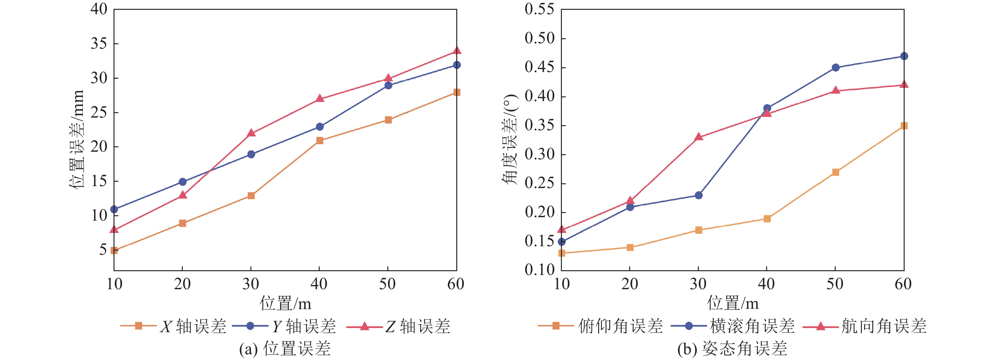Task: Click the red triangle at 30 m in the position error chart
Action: click(x=251, y=133)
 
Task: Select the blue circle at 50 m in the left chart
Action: click(x=388, y=85)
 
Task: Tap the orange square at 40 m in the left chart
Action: click(x=319, y=140)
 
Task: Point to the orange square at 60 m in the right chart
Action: click(x=904, y=126)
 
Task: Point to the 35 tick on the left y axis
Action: click(x=99, y=44)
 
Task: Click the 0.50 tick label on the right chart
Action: click(x=539, y=38)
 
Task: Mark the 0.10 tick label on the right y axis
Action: click(x=539, y=270)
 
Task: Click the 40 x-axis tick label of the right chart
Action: click(x=766, y=284)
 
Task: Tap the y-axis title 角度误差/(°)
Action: click(x=510, y=139)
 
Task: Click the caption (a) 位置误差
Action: click(x=285, y=349)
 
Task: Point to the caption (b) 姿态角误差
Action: click(x=732, y=349)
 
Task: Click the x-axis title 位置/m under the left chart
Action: click(x=285, y=303)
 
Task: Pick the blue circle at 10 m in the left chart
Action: click(x=114, y=209)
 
